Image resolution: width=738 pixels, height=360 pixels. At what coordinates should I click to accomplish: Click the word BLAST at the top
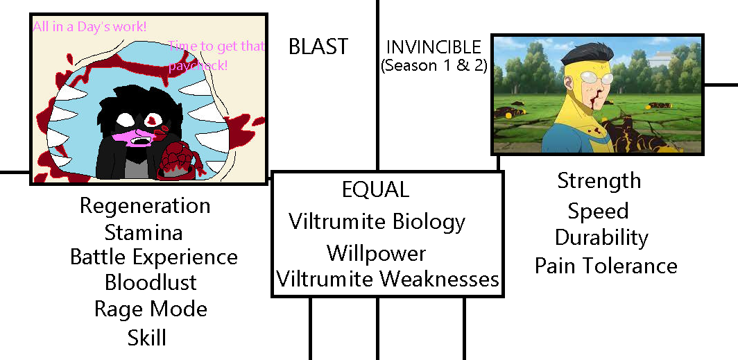[318, 47]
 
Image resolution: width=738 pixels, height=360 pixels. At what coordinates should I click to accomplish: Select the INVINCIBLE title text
[434, 47]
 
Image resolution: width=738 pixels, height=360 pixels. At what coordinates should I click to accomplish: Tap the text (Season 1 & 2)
[434, 66]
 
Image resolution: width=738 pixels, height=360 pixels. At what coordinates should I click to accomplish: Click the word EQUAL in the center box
[375, 189]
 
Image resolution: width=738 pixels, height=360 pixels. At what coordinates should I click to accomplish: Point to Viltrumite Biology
[377, 222]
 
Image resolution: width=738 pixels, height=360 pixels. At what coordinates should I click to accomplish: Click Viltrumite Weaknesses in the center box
[388, 279]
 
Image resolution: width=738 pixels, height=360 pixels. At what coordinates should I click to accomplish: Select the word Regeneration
[144, 206]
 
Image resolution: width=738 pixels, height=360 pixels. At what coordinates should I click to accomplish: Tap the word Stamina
[144, 231]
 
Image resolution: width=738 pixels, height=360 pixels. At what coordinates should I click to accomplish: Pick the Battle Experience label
[153, 257]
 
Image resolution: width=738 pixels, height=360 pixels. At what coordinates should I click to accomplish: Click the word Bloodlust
[151, 282]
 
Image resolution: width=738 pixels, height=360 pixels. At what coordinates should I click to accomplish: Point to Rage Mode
[151, 309]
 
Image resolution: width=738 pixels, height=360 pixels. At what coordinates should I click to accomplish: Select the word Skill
[146, 338]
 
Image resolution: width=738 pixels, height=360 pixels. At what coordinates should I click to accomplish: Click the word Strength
[599, 181]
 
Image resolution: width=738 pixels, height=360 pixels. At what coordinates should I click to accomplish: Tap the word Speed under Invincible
[598, 210]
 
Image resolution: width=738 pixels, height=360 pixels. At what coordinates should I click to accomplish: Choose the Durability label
[601, 237]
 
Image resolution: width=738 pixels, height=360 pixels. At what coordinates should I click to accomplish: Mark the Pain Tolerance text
[606, 266]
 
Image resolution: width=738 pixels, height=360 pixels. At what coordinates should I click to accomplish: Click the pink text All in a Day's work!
[89, 28]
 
